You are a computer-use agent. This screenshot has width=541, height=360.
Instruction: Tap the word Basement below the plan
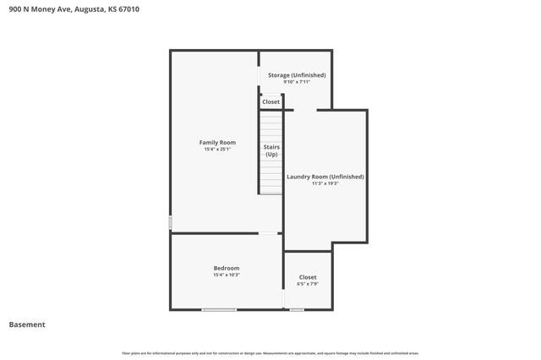pos(27,325)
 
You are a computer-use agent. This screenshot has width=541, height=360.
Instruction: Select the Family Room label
pos(217,142)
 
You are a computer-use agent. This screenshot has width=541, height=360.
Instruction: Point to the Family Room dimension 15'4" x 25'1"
pos(217,150)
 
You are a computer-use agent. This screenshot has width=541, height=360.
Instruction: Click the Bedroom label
pos(226,268)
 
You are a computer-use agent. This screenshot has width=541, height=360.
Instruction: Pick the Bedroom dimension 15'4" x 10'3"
pos(226,275)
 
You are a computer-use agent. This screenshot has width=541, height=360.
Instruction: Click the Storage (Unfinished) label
pos(297,75)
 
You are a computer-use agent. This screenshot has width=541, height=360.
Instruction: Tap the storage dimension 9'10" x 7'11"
pos(297,82)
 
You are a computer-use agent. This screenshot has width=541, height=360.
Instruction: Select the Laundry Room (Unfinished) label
pos(325,177)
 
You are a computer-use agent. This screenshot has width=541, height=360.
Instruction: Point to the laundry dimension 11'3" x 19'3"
pos(325,183)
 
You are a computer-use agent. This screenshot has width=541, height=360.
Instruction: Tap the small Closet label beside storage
pos(270,102)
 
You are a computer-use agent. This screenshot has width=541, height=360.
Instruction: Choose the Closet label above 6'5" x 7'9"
pos(308,277)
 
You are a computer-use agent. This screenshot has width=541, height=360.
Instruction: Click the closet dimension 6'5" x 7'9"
pos(308,284)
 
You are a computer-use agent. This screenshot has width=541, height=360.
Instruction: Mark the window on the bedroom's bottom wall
pos(219,310)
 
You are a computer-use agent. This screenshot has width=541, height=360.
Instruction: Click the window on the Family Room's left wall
pos(171,222)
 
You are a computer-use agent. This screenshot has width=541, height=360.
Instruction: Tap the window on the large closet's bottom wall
pos(297,310)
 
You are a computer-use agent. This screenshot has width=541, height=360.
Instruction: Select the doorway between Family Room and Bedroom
pos(268,233)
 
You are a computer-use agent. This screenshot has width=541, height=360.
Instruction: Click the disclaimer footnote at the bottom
pos(270,353)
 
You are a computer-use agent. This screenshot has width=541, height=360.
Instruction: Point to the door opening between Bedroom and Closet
pos(284,296)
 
